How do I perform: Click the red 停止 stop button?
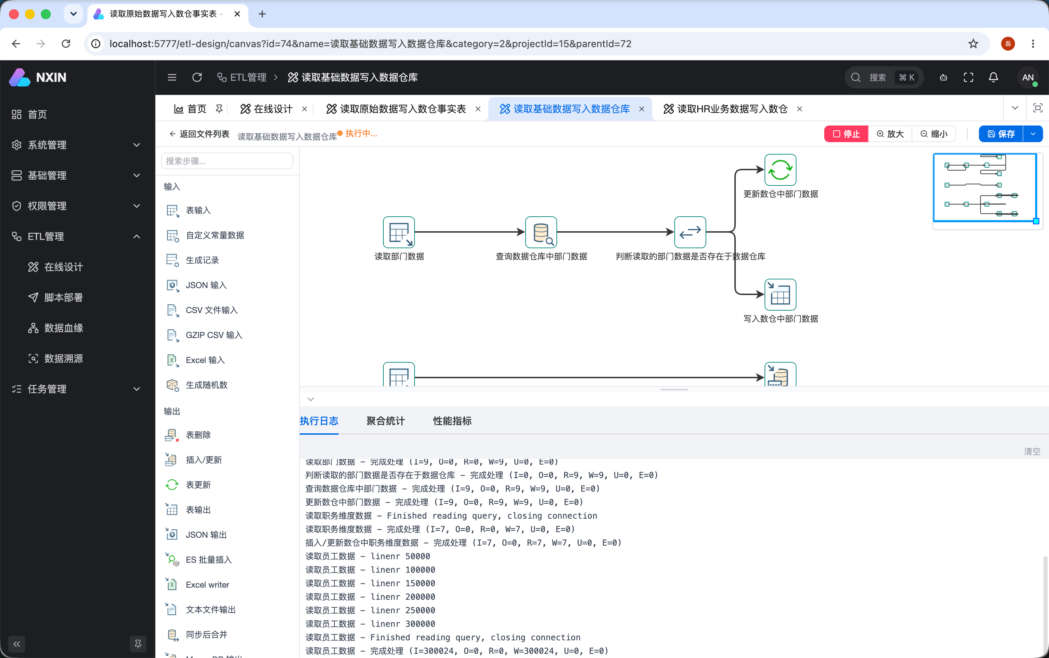(x=846, y=133)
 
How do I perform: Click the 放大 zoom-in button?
(x=890, y=133)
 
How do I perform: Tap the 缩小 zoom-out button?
(x=933, y=133)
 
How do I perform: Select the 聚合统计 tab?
(x=385, y=421)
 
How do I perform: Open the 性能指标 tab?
(x=452, y=421)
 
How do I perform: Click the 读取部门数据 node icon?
(x=399, y=232)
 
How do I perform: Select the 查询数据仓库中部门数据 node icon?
(x=541, y=232)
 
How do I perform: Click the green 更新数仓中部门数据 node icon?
(x=780, y=170)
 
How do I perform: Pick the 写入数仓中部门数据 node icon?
(x=780, y=295)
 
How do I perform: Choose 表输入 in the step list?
(x=198, y=210)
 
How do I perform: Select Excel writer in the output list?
(x=207, y=585)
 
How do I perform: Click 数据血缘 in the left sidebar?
(x=63, y=328)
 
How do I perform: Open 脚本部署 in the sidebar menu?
(x=63, y=297)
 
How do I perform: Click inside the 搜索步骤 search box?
(x=227, y=161)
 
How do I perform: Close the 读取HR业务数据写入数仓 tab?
(x=800, y=109)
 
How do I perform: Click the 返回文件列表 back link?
(x=199, y=133)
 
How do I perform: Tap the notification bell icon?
(x=993, y=77)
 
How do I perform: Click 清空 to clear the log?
(x=1032, y=451)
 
